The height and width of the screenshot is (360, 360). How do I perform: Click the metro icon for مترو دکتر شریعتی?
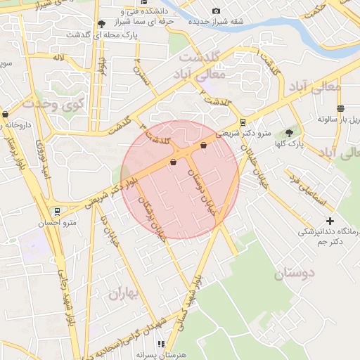tap(243, 121)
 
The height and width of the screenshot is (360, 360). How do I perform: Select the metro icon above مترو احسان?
tap(56, 210)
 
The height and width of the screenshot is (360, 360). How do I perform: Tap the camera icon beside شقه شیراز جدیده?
tap(216, 11)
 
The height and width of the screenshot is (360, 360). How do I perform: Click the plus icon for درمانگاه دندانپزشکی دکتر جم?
tap(330, 221)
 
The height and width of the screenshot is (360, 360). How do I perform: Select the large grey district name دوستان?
tap(295, 272)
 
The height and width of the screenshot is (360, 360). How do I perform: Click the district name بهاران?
tap(125, 293)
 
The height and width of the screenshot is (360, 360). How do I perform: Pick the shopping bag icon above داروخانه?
tap(6, 114)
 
